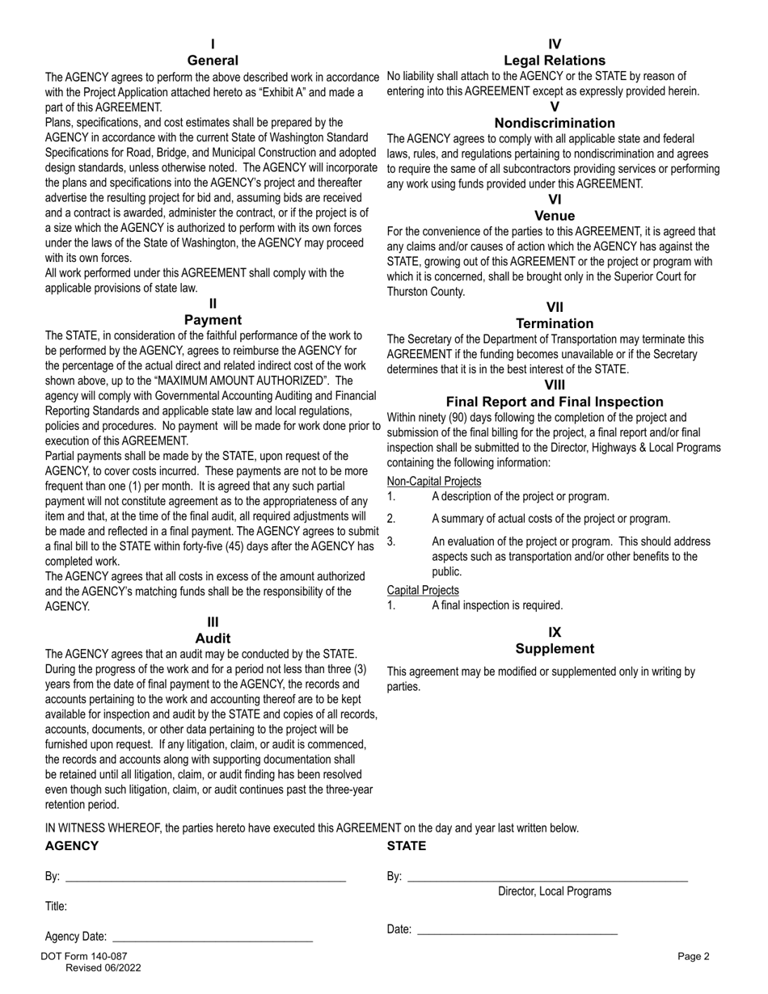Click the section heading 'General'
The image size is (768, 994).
pyautogui.click(x=213, y=61)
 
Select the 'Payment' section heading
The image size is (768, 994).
pyautogui.click(x=213, y=320)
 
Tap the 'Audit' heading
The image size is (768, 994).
pyautogui.click(x=213, y=638)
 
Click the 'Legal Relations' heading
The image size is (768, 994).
pyautogui.click(x=554, y=61)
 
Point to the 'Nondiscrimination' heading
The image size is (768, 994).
pyautogui.click(x=554, y=123)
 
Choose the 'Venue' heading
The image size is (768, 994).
pyautogui.click(x=554, y=216)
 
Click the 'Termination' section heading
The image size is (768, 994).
pyautogui.click(x=554, y=323)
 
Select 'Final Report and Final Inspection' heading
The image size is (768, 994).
pyautogui.click(x=554, y=402)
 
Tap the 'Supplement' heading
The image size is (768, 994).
pyautogui.click(x=554, y=649)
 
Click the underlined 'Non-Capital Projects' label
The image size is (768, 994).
pyautogui.click(x=433, y=481)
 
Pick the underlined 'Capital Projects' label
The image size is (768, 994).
pyautogui.click(x=422, y=591)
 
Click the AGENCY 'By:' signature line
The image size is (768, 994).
pyautogui.click(x=205, y=878)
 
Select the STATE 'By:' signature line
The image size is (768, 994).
pyautogui.click(x=547, y=878)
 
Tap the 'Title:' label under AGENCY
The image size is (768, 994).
pyautogui.click(x=56, y=907)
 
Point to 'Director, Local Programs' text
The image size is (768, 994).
pyautogui.click(x=554, y=892)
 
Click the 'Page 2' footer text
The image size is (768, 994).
pyautogui.click(x=693, y=957)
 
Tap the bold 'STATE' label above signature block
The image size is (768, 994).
pyautogui.click(x=406, y=846)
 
